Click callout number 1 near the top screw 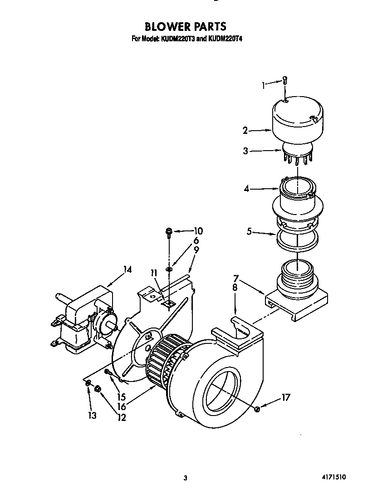coord(264,84)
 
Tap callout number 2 coord(245,131)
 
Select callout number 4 coord(247,189)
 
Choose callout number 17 coord(285,398)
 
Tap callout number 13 coord(93,416)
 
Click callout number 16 coord(121,407)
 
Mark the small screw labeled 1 coord(284,80)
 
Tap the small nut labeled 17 coord(257,410)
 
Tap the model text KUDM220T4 coord(225,39)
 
